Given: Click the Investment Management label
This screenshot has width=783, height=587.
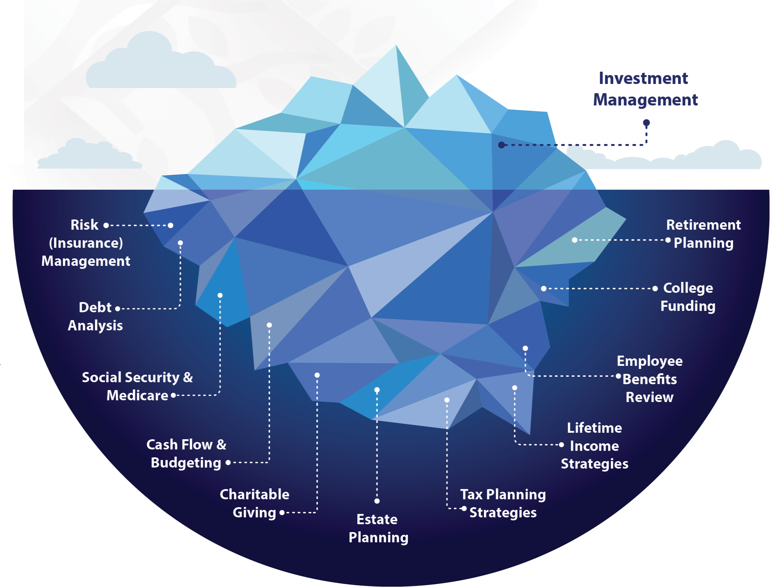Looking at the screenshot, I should click(645, 89).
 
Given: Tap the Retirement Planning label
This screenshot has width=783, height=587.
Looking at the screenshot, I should click(704, 234).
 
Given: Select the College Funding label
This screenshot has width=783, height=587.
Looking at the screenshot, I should click(687, 297).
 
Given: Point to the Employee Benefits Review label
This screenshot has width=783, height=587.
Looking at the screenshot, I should click(650, 379).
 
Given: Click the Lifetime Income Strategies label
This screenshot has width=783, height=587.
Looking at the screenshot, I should click(594, 446).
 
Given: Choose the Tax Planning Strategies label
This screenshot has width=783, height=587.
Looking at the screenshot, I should click(503, 503).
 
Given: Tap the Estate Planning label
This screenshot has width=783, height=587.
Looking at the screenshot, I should click(378, 528).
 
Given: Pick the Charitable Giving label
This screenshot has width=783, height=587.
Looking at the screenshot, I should click(255, 503).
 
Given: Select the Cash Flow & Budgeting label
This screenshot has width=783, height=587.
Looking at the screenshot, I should click(186, 454).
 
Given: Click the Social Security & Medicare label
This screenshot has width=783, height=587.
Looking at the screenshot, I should click(137, 386).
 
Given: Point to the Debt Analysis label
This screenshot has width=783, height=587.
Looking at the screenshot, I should click(95, 316).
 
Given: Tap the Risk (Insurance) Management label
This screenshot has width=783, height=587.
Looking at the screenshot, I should click(86, 243).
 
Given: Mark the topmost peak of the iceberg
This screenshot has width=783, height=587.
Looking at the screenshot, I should click(395, 46).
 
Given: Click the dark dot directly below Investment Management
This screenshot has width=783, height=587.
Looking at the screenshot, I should click(647, 123).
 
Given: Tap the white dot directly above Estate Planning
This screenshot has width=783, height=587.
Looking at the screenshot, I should click(377, 501).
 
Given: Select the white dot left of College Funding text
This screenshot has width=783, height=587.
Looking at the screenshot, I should click(655, 288).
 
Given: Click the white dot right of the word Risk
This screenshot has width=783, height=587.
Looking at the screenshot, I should click(106, 225).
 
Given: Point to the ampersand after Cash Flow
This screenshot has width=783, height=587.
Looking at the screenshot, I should click(221, 445).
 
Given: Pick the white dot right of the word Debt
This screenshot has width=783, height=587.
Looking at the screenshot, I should click(117, 309).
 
